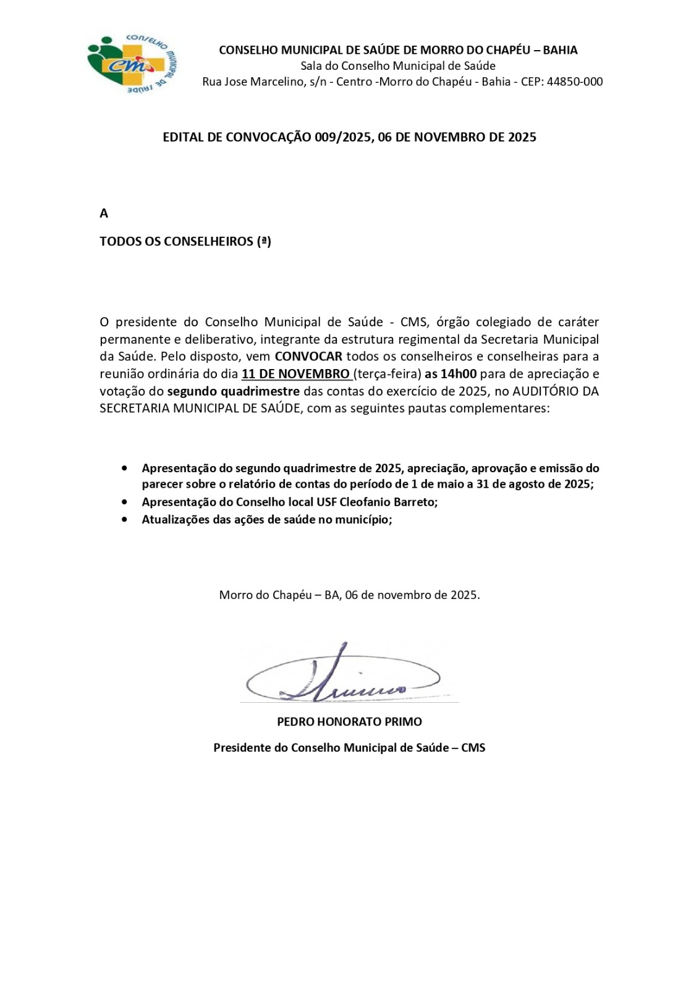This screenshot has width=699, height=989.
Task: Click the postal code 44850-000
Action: (x=575, y=82)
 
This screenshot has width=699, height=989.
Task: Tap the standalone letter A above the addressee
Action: (x=104, y=213)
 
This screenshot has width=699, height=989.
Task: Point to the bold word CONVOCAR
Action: (x=308, y=357)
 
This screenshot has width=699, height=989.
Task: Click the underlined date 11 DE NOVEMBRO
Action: (x=295, y=374)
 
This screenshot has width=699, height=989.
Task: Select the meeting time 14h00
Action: (x=458, y=374)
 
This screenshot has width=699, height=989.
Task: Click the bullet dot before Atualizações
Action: (x=125, y=519)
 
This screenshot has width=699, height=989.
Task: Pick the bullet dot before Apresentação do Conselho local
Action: (x=125, y=502)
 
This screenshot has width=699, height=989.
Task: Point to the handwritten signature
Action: (x=343, y=677)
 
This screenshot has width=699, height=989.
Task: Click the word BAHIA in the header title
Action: (x=560, y=50)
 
